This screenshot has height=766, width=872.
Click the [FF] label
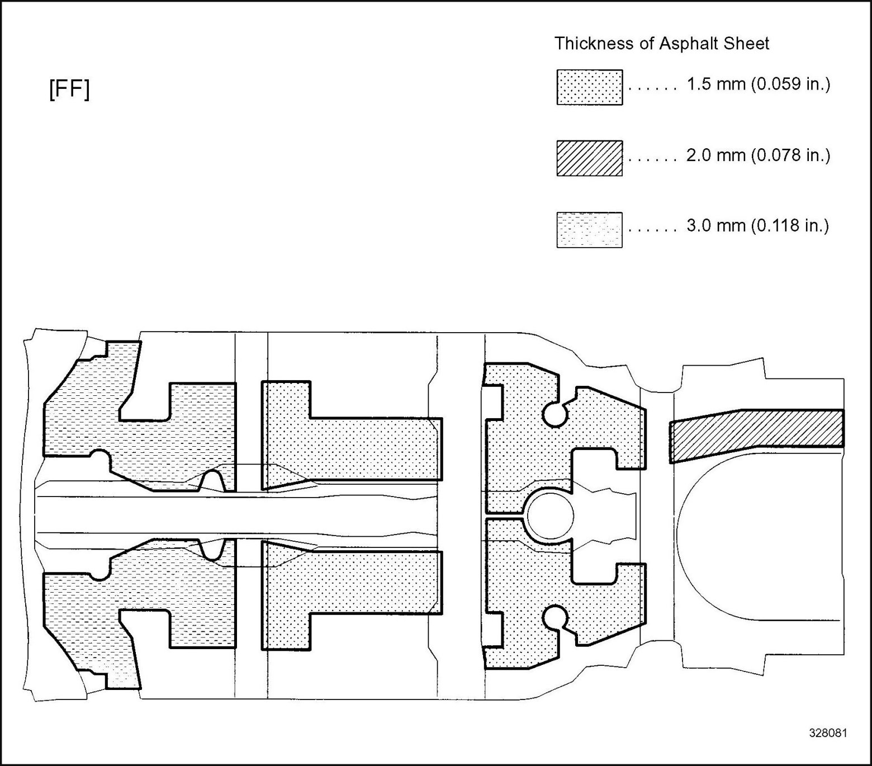coord(69,89)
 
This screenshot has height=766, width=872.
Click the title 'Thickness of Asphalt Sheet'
coord(661,43)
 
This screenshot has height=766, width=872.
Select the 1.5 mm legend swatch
coord(589,87)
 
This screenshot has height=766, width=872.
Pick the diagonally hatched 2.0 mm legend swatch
coord(589,158)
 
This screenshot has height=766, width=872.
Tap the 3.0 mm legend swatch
coord(589,229)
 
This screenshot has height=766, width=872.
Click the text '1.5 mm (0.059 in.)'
coord(758,84)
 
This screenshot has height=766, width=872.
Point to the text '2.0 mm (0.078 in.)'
coord(758,155)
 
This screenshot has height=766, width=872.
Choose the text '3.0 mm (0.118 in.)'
coord(757,226)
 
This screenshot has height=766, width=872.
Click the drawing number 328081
coord(827,733)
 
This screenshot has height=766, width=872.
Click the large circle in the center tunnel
coord(551,516)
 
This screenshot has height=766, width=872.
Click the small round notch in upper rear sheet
coord(555,414)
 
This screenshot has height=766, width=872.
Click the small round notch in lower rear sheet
coord(555,618)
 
